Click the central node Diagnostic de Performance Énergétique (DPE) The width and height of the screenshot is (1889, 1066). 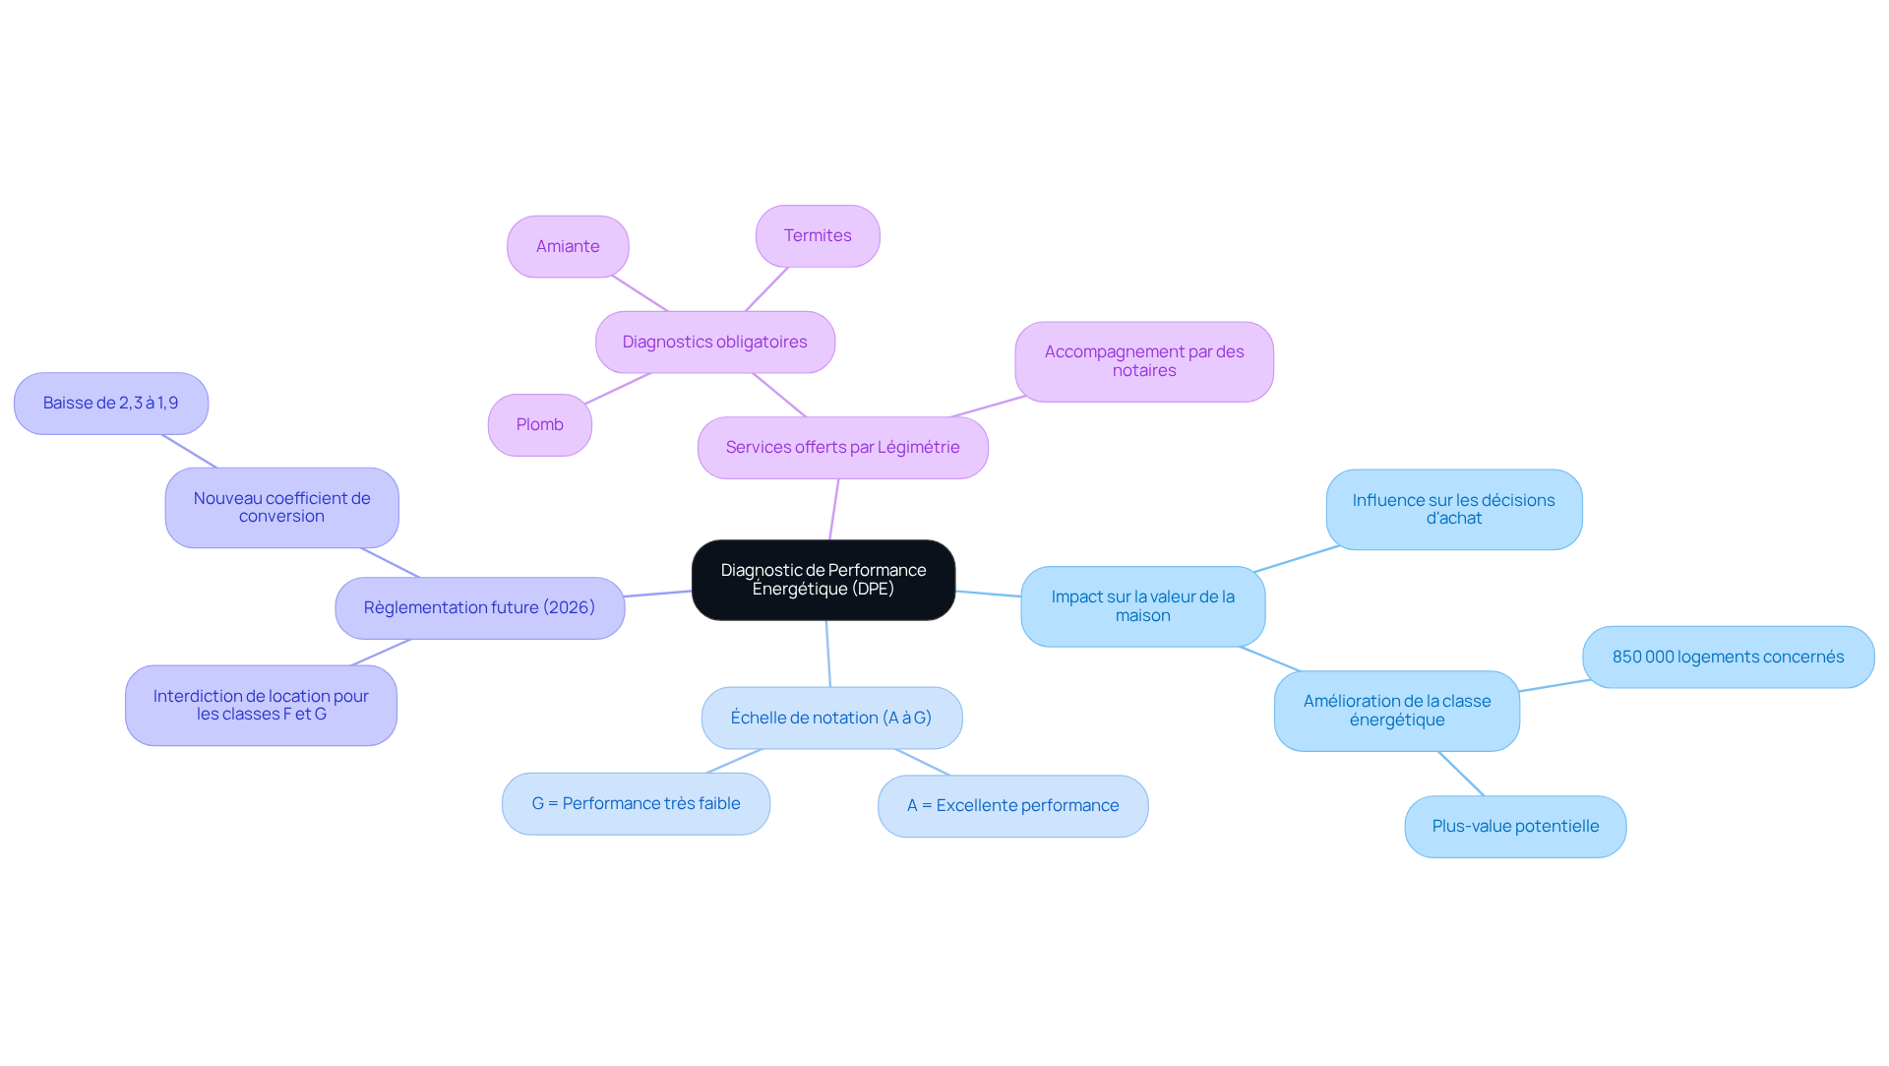[823, 580]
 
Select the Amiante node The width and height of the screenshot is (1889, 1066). [568, 246]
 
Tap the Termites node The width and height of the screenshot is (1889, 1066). [818, 235]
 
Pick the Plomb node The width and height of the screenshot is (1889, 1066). [540, 424]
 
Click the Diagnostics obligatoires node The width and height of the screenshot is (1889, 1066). [715, 342]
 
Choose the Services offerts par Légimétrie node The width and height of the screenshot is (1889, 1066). [843, 447]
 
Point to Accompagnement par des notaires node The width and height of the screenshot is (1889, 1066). [1144, 361]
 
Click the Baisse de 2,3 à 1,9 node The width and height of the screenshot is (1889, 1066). [111, 403]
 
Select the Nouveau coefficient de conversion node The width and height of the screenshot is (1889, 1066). [282, 507]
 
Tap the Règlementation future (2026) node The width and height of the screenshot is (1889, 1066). [480, 607]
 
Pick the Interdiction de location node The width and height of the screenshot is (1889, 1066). [261, 705]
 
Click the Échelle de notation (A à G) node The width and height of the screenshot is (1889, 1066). [831, 718]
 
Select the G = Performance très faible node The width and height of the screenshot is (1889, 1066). [636, 803]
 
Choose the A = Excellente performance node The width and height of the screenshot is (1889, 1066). [1013, 805]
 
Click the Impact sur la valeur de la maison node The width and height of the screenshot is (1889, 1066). [1143, 605]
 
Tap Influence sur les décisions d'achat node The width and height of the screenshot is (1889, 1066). [1454, 509]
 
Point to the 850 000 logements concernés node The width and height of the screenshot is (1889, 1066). [1729, 657]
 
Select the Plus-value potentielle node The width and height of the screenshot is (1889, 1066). [1515, 826]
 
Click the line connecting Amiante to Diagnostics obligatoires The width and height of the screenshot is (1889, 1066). [640, 293]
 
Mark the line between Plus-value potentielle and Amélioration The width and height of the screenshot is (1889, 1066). [1461, 774]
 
